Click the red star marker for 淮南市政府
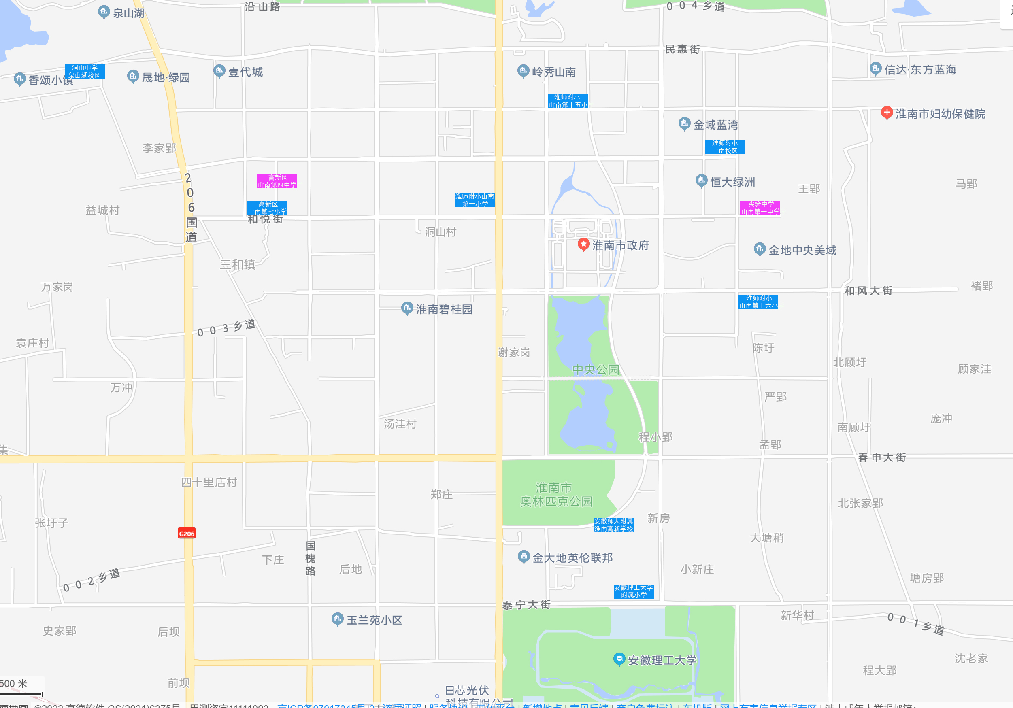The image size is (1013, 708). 583,244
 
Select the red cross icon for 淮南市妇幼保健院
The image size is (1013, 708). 886,113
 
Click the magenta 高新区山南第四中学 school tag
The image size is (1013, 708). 277,181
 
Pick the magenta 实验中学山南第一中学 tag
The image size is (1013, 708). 760,208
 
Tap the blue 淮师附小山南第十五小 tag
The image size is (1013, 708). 567,101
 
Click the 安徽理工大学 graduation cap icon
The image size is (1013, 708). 619,659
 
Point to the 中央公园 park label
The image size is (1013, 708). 595,370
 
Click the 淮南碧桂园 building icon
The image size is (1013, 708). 407,308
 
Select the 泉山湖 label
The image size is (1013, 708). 128,13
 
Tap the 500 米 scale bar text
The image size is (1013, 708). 14,684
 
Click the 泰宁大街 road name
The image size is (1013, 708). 526,605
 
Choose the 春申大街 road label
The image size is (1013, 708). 882,457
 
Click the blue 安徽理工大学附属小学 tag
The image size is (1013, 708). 634,591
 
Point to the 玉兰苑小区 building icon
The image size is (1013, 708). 337,619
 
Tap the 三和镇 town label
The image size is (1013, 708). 238,265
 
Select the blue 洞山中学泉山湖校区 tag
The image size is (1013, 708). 85,72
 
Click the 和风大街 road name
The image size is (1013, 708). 868,291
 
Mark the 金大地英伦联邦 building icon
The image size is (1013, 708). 523,557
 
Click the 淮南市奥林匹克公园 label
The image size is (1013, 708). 556,495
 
